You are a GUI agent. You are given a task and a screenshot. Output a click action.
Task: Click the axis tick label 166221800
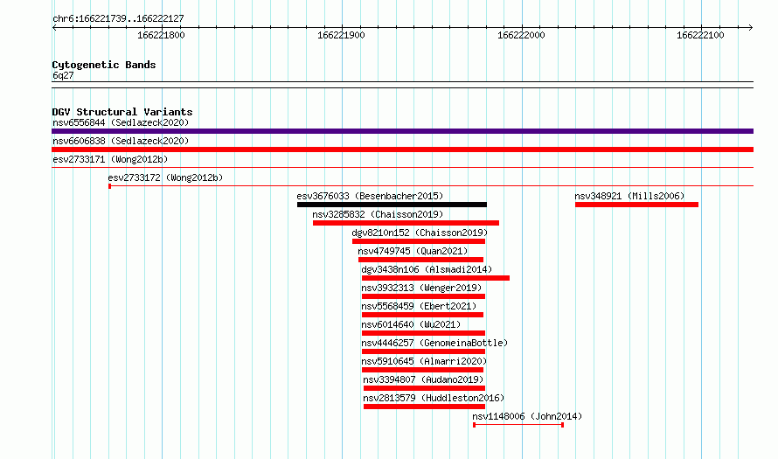[161, 35]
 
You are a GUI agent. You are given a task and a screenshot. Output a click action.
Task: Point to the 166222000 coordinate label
[521, 35]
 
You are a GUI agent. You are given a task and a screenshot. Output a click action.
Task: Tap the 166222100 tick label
[700, 35]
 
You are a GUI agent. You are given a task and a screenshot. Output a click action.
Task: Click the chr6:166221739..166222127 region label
[118, 19]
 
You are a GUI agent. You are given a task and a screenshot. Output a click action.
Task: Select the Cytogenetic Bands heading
[104, 65]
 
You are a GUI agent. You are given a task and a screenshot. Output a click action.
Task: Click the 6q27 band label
[63, 75]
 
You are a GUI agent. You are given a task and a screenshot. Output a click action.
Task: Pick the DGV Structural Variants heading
[122, 112]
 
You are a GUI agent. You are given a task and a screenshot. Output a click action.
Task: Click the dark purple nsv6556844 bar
[402, 131]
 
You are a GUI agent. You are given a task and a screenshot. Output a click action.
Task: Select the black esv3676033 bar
[392, 205]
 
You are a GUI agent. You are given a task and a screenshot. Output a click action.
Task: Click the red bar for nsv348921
[636, 205]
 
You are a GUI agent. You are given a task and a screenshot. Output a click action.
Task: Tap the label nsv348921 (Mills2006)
[629, 196]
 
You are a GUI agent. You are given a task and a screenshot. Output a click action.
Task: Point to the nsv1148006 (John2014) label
[527, 416]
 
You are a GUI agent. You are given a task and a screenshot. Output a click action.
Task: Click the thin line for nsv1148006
[518, 425]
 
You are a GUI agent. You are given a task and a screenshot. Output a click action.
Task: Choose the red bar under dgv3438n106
[435, 278]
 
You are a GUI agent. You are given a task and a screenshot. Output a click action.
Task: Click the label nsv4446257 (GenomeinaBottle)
[434, 343]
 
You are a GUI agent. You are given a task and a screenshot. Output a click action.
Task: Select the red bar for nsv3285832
[406, 223]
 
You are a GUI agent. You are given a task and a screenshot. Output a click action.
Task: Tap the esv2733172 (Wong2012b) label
[165, 177]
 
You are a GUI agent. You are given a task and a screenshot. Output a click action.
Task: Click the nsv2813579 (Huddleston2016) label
[434, 398]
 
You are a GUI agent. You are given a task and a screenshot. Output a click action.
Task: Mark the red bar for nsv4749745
[420, 260]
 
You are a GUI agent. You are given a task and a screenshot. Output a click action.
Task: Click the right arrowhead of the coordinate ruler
[751, 27]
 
